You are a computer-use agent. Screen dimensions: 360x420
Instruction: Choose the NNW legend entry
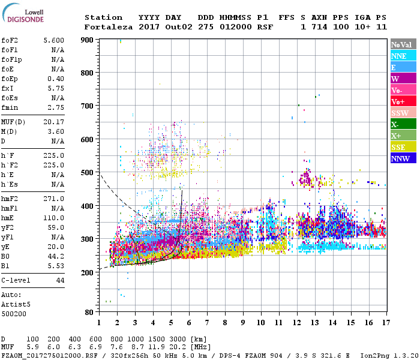coord(400,159)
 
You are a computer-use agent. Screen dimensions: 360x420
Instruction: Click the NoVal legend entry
coord(401,44)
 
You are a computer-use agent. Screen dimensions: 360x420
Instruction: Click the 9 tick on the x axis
coord(243,322)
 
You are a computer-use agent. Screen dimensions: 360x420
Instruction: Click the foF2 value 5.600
coord(54,40)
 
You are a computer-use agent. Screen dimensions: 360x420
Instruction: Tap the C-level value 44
coord(60,281)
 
